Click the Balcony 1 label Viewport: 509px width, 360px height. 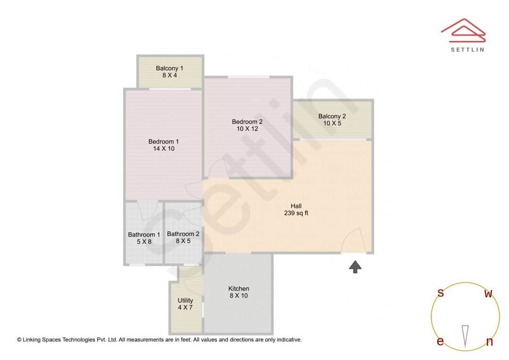[170, 68]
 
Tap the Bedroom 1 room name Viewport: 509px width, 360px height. [164, 141]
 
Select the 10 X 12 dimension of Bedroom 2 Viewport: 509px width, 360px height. [247, 129]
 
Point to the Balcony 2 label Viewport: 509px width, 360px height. [332, 116]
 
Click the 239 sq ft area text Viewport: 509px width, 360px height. [296, 213]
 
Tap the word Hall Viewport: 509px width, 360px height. [296, 206]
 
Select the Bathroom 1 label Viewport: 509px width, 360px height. [144, 235]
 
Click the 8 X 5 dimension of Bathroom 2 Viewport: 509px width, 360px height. [183, 241]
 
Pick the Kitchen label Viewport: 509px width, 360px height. [238, 289]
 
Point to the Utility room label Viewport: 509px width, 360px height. [185, 301]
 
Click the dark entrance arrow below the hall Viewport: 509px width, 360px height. [355, 267]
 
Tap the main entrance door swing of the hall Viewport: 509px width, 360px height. [353, 241]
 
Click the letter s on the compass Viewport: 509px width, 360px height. [441, 293]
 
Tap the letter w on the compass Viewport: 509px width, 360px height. [489, 294]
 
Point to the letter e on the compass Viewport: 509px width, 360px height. [440, 342]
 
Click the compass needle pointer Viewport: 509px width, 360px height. [465, 335]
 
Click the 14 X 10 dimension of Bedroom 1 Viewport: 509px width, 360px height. [164, 149]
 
